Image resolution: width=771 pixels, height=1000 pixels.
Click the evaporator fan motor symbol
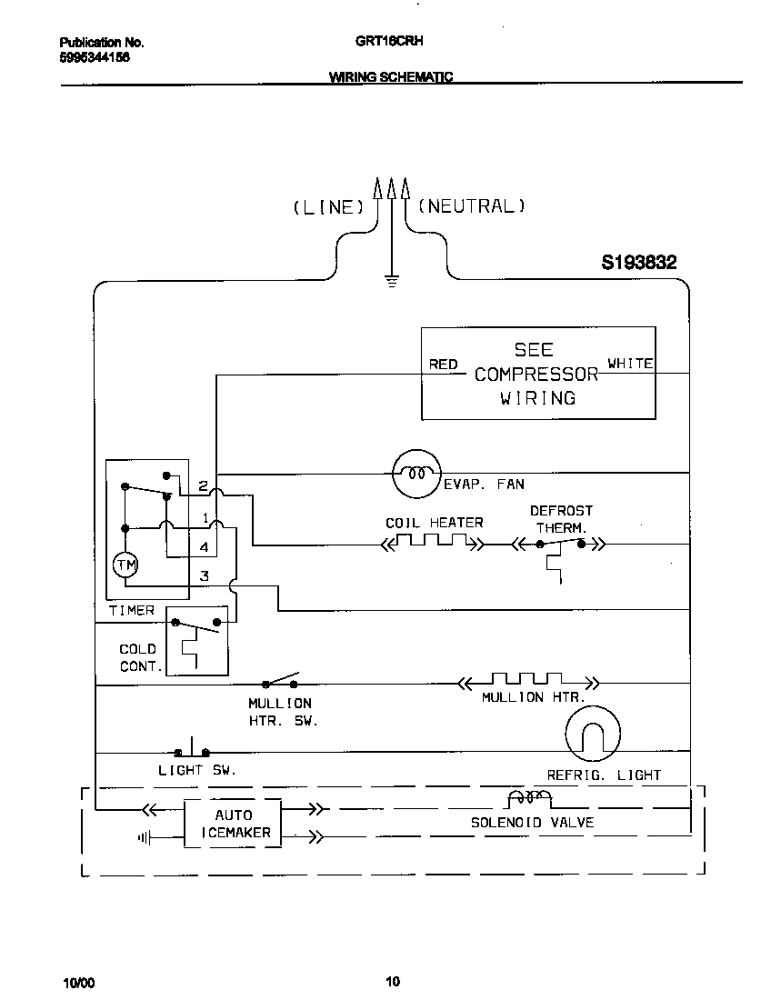(x=416, y=473)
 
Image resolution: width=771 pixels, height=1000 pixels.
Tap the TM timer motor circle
(x=125, y=565)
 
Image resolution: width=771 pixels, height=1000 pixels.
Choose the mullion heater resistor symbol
(x=528, y=682)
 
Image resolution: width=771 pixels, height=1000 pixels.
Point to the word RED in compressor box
(x=443, y=365)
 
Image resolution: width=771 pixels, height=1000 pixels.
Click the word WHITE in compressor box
(x=630, y=364)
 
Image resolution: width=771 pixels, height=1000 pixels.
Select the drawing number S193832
(x=638, y=263)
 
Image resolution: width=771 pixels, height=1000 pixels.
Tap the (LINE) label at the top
(x=328, y=207)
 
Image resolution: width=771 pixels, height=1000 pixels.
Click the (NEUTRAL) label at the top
(x=471, y=206)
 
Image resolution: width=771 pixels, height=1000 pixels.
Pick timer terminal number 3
(x=205, y=575)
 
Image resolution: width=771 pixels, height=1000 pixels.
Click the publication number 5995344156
(x=95, y=56)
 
